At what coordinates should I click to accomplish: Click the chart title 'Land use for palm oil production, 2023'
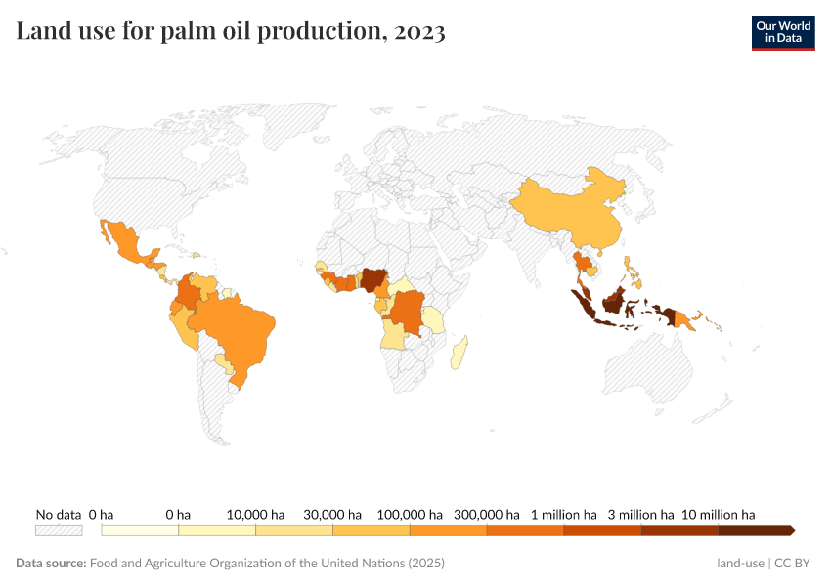231,32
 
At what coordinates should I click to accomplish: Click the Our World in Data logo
782,32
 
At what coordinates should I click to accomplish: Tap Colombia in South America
190,292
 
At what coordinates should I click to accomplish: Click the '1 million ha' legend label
563,514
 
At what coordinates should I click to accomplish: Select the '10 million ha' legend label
718,514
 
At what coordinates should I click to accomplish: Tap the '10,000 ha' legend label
255,514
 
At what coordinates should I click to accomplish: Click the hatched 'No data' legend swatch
59,530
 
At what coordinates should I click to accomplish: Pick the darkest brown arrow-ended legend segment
755,530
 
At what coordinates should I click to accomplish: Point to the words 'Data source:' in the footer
51,564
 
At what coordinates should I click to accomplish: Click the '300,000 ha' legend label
486,514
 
